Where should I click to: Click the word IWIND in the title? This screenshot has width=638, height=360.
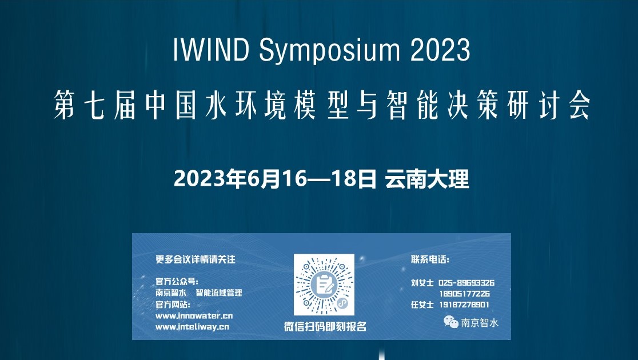(x=211, y=50)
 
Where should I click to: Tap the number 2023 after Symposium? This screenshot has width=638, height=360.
(x=440, y=50)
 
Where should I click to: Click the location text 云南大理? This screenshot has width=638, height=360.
(x=427, y=179)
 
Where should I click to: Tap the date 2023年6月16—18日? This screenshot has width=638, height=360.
(x=275, y=179)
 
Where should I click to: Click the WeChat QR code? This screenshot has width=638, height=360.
(x=324, y=285)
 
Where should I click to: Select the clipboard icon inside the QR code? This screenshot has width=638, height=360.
(x=324, y=285)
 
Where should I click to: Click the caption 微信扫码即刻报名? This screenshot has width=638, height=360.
(x=325, y=326)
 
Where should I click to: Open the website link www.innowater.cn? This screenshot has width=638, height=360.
(x=194, y=315)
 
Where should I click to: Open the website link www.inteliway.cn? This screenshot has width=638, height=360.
(x=192, y=327)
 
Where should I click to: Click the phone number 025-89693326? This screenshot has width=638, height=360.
(x=466, y=283)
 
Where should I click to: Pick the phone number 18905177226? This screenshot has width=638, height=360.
(x=464, y=294)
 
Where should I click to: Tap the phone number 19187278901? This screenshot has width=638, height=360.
(x=464, y=305)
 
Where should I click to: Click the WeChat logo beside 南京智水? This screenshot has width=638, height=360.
(x=451, y=322)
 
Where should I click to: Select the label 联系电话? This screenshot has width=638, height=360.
(x=430, y=259)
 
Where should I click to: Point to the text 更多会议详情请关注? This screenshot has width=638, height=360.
(x=196, y=259)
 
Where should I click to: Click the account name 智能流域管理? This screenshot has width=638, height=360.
(x=219, y=293)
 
